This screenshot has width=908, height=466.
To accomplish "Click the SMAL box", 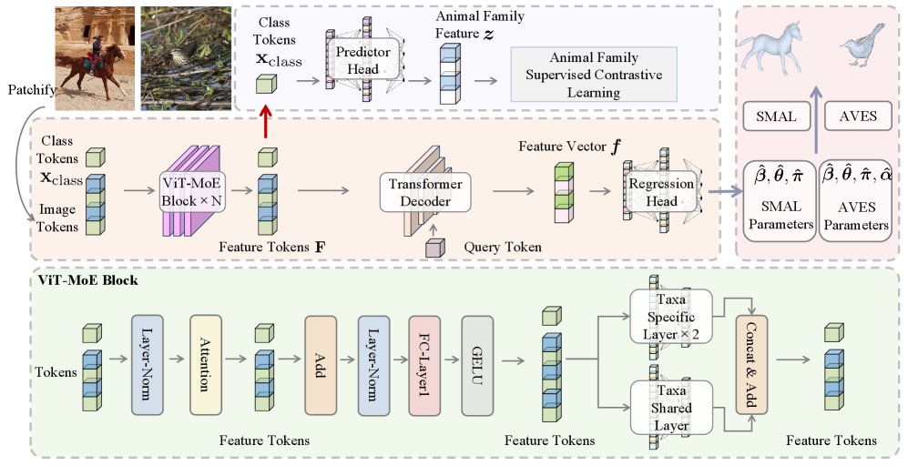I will pyautogui.click(x=775, y=116).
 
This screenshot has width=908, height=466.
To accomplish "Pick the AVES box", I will pyautogui.click(x=856, y=116).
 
